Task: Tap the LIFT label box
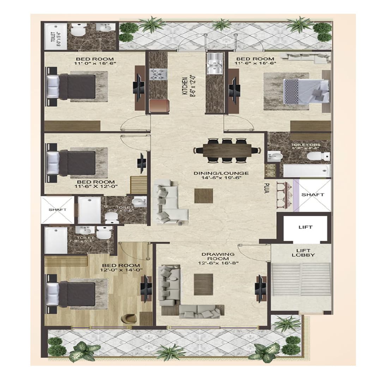(305, 227)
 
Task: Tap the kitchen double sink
(215, 64)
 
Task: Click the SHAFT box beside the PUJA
(313, 195)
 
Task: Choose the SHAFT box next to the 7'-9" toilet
(58, 210)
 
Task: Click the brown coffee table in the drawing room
(204, 284)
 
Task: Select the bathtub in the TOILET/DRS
(307, 170)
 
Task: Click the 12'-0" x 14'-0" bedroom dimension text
(121, 270)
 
